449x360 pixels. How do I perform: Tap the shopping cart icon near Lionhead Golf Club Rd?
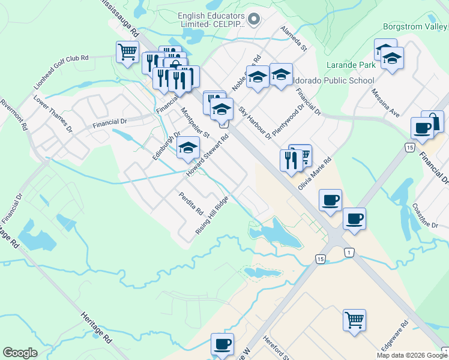click(127, 52)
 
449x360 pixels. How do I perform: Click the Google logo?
click(20, 353)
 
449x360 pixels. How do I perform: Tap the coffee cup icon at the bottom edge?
click(222, 344)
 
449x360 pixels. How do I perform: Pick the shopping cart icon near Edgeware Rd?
click(354, 320)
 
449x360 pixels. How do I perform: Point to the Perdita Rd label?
click(191, 205)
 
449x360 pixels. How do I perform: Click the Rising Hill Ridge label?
click(211, 215)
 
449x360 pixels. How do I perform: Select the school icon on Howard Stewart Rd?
click(188, 148)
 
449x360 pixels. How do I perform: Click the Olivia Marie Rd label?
click(315, 174)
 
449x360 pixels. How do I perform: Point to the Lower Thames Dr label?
click(53, 113)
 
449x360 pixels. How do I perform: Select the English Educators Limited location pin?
click(253, 20)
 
